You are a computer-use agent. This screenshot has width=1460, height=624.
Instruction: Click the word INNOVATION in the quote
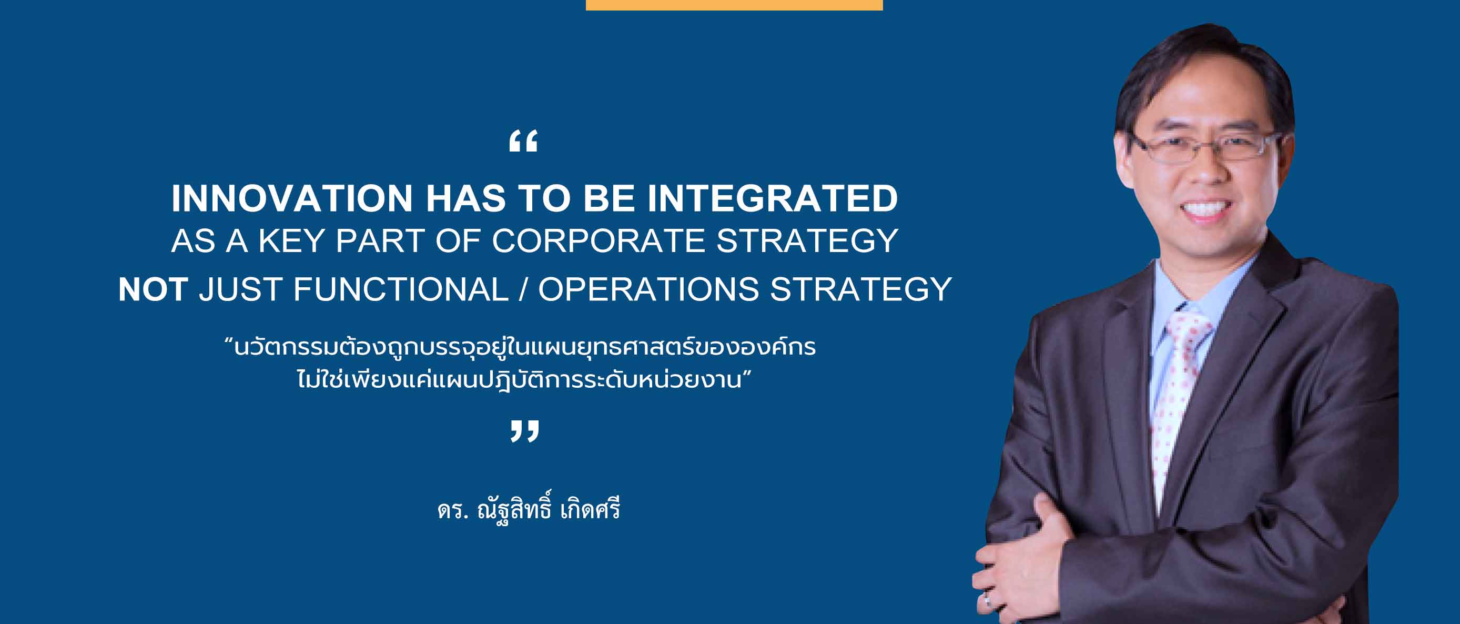(292, 198)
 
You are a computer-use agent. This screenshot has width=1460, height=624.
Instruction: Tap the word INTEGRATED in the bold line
(773, 198)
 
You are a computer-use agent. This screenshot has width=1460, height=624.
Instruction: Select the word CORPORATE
(599, 241)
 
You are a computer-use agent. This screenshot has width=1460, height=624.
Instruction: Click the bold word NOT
(153, 289)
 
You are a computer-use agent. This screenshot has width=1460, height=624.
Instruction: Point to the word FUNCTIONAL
(401, 289)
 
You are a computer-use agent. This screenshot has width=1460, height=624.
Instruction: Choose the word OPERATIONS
(648, 289)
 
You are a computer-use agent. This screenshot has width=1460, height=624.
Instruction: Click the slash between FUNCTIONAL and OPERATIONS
(523, 289)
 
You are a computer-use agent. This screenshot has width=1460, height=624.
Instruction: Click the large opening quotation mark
(523, 141)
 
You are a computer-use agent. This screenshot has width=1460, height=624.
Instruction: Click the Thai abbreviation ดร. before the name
(453, 510)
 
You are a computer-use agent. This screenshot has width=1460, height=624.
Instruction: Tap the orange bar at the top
(734, 5)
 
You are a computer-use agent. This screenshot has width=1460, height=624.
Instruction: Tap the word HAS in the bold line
(465, 198)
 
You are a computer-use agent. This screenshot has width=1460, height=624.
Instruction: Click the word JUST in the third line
(240, 289)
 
